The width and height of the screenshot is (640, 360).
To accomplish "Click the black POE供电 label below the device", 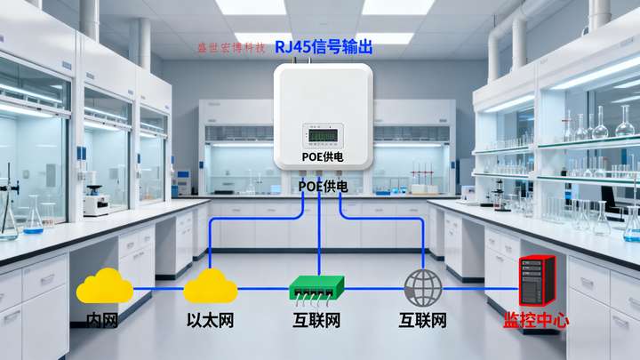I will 324,186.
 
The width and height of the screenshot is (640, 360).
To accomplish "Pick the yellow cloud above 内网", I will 104,286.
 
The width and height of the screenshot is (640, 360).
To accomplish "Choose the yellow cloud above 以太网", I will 211,286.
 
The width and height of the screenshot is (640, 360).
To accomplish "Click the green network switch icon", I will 316,287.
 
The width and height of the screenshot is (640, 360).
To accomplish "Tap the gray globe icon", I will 422,287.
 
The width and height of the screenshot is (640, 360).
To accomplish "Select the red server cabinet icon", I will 536,282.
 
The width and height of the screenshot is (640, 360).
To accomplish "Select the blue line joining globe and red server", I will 479,288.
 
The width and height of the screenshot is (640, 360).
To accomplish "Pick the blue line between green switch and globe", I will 373,288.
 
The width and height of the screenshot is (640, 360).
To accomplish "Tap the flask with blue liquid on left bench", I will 33,218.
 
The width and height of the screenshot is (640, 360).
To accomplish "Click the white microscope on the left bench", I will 96,200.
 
